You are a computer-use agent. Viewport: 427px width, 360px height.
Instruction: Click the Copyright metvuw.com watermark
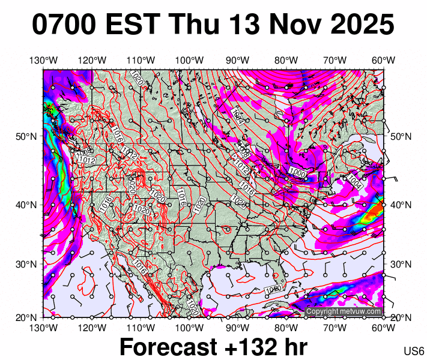click(344, 311)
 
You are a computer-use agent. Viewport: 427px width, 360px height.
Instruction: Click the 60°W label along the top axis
click(383, 60)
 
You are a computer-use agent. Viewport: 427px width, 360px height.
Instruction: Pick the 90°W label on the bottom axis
click(238, 328)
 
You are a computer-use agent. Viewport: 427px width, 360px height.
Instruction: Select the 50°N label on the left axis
click(28, 136)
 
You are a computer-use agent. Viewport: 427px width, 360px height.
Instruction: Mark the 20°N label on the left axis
click(28, 317)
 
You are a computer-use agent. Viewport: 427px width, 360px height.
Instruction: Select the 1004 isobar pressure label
click(354, 181)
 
